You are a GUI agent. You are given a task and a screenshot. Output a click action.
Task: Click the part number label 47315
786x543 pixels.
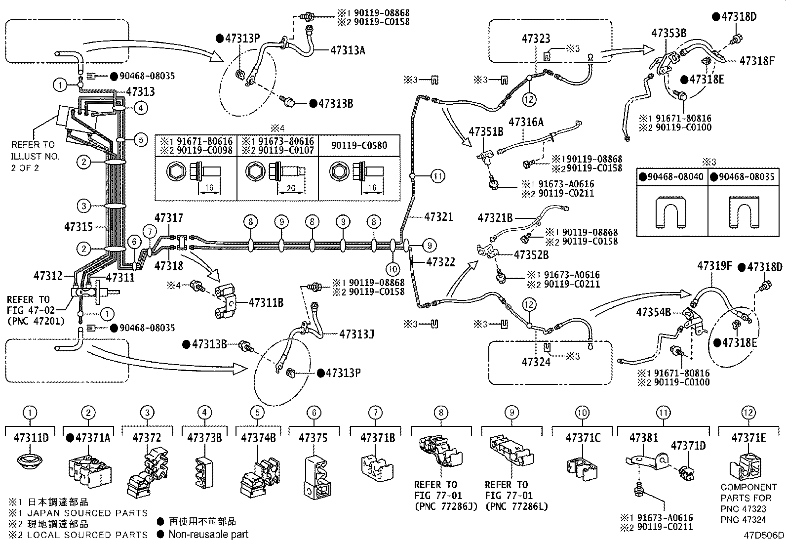pos(78,227)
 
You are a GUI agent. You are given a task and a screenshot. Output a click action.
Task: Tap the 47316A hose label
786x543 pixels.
pos(526,122)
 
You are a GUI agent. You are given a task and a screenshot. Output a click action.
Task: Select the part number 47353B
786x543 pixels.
pos(669,33)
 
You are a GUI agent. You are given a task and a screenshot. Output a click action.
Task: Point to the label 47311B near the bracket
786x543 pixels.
pos(266,302)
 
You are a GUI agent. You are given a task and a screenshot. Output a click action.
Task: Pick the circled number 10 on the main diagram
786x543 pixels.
pos(393,269)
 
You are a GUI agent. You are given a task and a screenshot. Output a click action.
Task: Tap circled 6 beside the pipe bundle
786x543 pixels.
pos(134,242)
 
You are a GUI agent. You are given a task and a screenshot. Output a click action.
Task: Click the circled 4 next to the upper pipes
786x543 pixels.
pos(141,108)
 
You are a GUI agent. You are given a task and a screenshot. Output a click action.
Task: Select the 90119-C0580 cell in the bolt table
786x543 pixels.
pos(359,145)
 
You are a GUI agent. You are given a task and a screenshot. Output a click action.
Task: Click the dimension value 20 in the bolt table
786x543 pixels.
pos(291,188)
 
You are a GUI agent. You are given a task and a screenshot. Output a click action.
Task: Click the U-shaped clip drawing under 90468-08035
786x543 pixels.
pos(744,211)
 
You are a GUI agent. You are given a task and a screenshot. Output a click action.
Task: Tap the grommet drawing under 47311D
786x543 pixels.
pos(30,460)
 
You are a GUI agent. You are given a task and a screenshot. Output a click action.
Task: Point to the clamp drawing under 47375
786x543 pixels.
pos(316,477)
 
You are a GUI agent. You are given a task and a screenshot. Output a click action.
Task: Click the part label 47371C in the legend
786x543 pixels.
pos(583,438)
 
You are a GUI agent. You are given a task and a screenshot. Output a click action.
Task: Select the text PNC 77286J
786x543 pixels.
pos(446,506)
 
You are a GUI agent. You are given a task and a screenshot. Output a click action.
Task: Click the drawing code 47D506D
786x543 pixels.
pos(764,535)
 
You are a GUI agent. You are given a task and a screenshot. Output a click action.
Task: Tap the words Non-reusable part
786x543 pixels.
pos(208,534)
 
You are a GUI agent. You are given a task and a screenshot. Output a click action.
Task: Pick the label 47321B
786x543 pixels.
pos(495,218)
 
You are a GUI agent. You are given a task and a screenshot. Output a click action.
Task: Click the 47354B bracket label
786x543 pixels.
pos(654,312)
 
